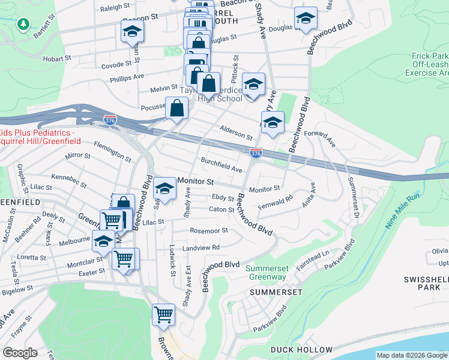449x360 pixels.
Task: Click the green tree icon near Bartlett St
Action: click(x=23, y=24)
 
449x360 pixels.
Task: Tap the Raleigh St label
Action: click(x=115, y=7)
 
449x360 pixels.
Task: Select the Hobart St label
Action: click(x=57, y=59)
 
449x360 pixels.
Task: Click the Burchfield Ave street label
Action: click(x=221, y=164)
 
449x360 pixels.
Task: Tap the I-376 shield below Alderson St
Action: click(x=256, y=154)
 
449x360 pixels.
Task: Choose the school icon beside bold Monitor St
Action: click(x=163, y=190)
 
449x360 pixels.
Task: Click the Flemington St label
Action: click(x=112, y=151)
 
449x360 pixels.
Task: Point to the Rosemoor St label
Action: click(x=208, y=230)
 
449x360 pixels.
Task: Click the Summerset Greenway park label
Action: click(x=266, y=272)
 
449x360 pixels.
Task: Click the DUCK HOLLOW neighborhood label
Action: click(x=301, y=350)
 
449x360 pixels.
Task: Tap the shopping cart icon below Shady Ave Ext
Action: click(x=163, y=314)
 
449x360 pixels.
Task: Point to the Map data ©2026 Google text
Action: click(x=412, y=355)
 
